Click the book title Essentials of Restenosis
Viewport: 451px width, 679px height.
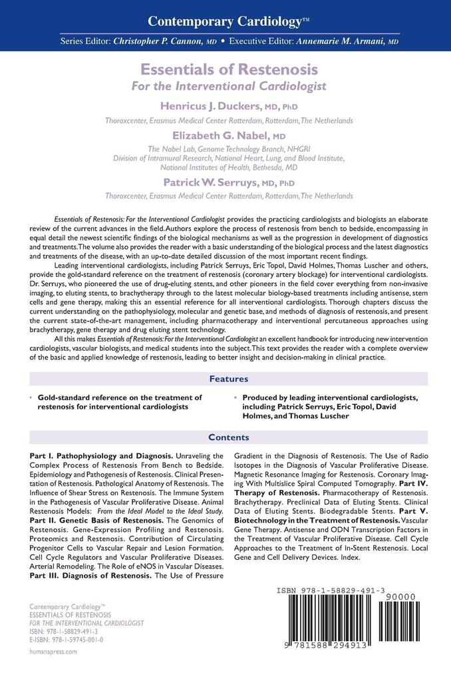(228, 69)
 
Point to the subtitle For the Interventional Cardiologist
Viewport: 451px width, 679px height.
(228, 85)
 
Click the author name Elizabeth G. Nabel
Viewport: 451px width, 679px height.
(216, 134)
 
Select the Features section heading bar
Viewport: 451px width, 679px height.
(228, 379)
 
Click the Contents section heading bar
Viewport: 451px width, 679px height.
(228, 437)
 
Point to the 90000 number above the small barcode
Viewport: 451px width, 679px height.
(404, 598)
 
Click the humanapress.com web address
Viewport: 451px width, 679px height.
(54, 652)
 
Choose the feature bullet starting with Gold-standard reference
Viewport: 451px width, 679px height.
(120, 401)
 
